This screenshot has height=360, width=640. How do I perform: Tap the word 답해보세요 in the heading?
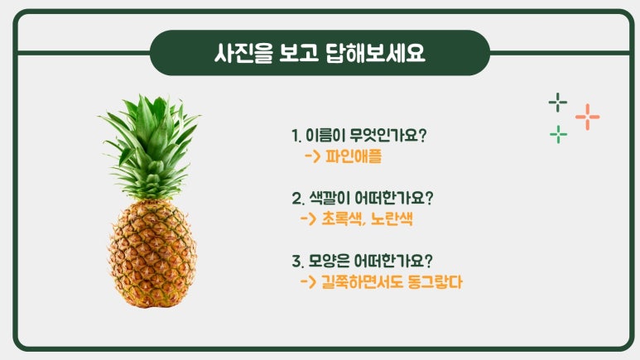coord(376,53)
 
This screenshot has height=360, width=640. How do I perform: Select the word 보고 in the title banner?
coord(299,53)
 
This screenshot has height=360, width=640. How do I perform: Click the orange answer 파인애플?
coord(354,156)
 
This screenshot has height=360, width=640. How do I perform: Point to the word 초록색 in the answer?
coord(342,218)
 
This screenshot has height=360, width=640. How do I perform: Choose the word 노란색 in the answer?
coord(392,218)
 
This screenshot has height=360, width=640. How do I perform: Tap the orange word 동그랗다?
coord(435,281)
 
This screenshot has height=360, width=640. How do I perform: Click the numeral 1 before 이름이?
coord(295,136)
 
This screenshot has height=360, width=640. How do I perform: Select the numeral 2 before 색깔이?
coord(296,199)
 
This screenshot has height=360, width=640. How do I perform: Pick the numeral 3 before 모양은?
coord(296,262)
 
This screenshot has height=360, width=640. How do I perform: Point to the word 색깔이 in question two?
coord(330,198)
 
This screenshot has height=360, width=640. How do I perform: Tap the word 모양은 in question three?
coord(329,261)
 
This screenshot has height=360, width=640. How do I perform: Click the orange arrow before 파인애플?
coord(313,156)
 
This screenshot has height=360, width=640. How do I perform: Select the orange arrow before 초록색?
coord(309,218)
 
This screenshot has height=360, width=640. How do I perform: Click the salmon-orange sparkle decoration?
coord(587,117)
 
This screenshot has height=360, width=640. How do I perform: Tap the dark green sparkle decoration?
coord(557,102)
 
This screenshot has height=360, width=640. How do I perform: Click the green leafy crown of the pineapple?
coord(150,147)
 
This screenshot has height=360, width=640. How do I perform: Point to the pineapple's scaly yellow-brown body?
coord(152,253)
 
